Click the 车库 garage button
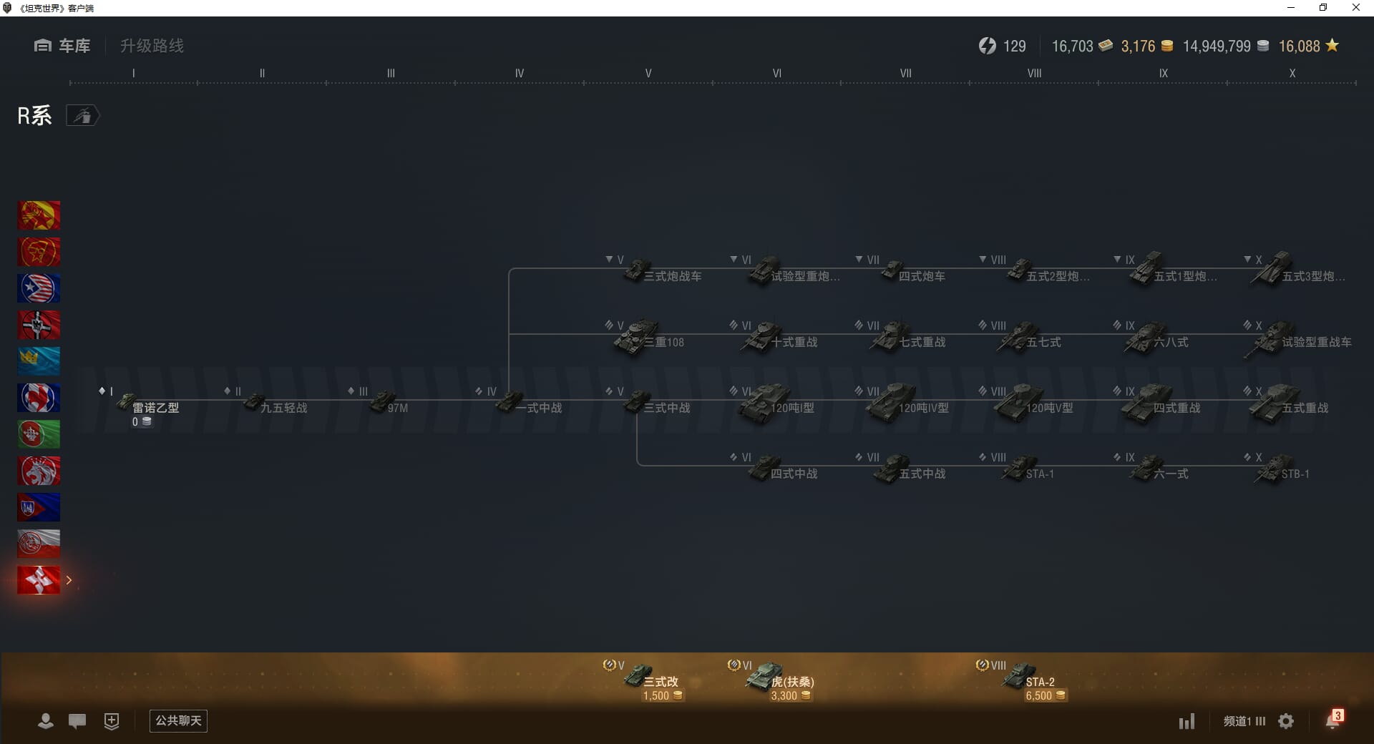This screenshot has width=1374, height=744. point(62,46)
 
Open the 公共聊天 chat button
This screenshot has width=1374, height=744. point(178,720)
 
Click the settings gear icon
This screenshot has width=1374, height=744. point(1286,721)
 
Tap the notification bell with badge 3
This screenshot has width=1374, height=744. point(1332,720)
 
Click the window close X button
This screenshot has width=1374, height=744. point(1355,8)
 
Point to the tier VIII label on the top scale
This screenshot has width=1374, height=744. point(1034,73)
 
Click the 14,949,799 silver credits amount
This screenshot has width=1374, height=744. point(1217,46)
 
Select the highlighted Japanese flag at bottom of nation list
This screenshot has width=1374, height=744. point(39,580)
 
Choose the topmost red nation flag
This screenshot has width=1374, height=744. point(39,215)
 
